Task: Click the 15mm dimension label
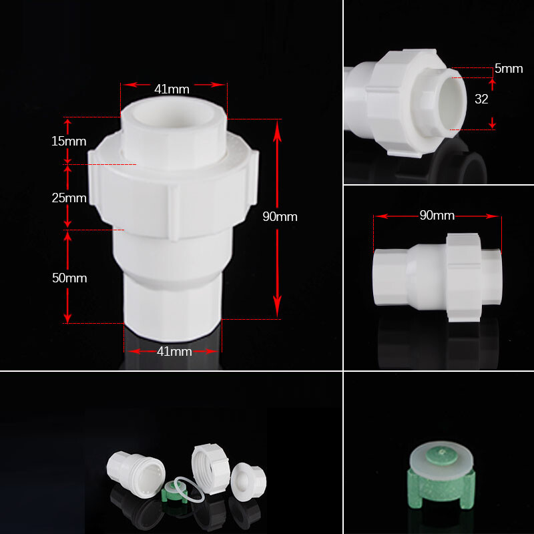tap(69, 142)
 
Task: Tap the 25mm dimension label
tap(69, 198)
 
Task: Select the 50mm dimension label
tap(69, 278)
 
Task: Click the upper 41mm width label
tap(172, 89)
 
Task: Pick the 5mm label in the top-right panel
tap(509, 69)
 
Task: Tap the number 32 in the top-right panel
tap(481, 99)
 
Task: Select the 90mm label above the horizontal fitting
tap(437, 216)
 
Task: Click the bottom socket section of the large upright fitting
tap(173, 307)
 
